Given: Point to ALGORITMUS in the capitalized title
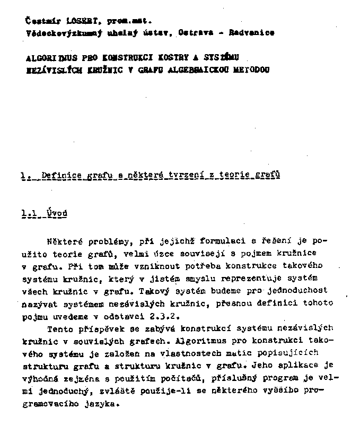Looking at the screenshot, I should click(x=51, y=58).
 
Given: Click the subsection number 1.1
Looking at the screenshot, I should click(x=30, y=213).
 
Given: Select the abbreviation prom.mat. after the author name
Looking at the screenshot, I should click(x=129, y=21).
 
